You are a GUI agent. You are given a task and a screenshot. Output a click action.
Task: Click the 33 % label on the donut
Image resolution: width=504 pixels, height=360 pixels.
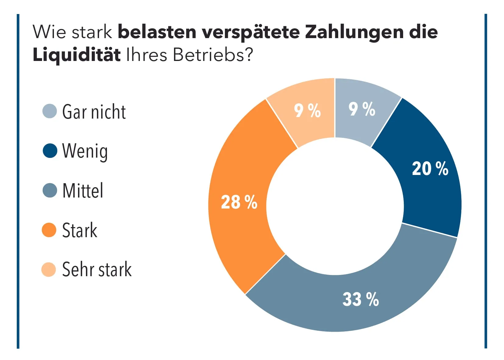[x=360, y=299]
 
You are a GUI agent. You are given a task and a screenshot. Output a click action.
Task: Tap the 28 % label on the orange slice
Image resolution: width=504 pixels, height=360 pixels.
[x=239, y=202]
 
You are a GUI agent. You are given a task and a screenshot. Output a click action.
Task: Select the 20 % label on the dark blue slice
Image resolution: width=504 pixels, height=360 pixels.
[x=430, y=168]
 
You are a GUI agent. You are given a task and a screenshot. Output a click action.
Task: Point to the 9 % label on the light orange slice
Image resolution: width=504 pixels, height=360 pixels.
[x=307, y=110]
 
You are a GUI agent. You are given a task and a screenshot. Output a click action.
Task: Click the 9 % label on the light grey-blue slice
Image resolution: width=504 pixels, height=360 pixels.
[x=362, y=109]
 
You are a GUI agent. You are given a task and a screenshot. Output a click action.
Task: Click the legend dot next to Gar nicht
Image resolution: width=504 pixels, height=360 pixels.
[x=49, y=111]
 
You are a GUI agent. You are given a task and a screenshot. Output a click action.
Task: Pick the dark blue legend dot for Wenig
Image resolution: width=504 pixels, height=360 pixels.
[x=50, y=151]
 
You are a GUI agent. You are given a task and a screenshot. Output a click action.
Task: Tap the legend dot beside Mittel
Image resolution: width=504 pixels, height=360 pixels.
[x=50, y=191]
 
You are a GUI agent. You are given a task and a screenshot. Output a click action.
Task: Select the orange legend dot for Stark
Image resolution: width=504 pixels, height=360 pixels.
[x=49, y=230]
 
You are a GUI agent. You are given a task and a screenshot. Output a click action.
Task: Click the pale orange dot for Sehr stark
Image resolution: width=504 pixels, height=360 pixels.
[x=49, y=269]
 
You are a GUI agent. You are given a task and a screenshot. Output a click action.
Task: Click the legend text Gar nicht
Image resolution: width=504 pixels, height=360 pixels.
[x=94, y=112]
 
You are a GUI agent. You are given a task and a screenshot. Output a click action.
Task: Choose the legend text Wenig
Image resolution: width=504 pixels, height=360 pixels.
[x=85, y=151]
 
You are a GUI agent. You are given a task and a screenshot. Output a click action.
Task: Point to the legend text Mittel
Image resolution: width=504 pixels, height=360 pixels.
[x=83, y=191]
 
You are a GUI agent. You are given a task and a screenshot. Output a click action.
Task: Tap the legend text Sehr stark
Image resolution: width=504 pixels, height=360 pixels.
[x=97, y=269]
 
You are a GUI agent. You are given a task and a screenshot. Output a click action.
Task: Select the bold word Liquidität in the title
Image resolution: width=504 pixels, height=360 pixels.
[x=76, y=55]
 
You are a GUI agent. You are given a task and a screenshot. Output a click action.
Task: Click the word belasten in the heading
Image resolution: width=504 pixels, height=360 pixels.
[x=157, y=32]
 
